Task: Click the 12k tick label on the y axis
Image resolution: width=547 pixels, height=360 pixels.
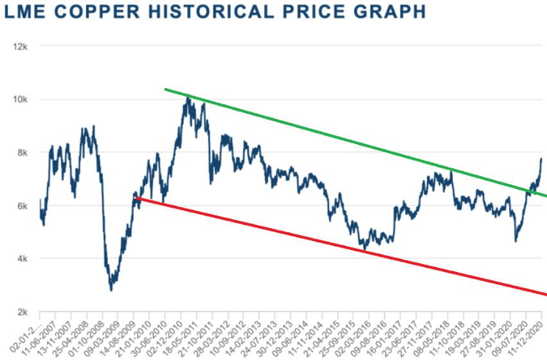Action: (x=15, y=46)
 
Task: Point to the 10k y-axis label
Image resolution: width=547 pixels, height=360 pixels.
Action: (x=15, y=100)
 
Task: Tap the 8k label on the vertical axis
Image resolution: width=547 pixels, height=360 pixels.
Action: (x=17, y=153)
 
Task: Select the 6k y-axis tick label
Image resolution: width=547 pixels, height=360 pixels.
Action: (x=17, y=206)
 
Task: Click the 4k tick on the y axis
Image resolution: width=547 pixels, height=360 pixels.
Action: (x=17, y=259)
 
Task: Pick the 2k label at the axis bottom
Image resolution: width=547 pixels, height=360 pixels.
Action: (x=17, y=312)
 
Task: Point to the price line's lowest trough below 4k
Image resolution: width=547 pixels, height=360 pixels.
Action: (x=111, y=290)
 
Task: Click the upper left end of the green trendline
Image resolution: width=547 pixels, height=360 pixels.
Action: (x=165, y=89)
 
